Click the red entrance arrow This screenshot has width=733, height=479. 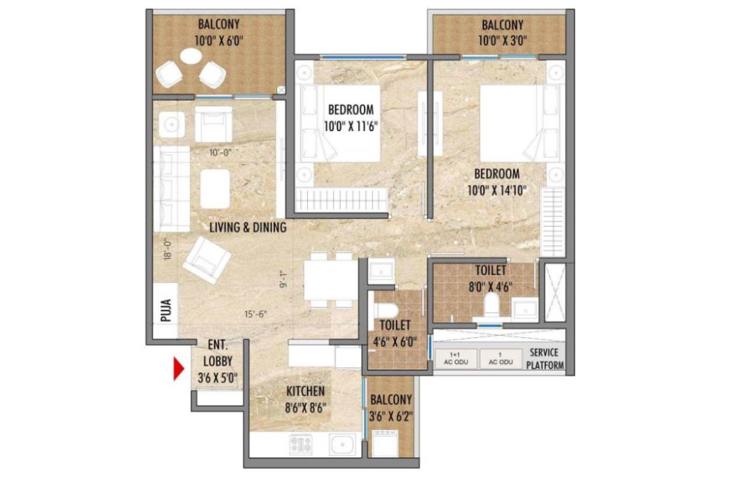point(178,369)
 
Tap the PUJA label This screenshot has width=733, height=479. point(165,310)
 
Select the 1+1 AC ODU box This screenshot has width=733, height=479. point(456,359)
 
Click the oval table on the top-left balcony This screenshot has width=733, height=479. point(191,57)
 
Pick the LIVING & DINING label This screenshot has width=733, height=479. point(247,228)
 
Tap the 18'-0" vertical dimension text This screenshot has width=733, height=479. point(169,249)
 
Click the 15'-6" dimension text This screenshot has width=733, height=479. point(255,314)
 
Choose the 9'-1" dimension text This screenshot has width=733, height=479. point(283,279)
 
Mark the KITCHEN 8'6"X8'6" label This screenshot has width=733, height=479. point(306,399)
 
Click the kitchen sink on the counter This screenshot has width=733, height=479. point(342,444)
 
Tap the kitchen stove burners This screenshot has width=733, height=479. point(301,444)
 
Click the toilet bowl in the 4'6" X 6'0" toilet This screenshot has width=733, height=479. point(387,309)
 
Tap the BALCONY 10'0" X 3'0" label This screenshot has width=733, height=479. point(502,32)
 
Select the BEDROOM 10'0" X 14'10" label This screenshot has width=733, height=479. point(497,182)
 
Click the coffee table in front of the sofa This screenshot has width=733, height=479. point(215,189)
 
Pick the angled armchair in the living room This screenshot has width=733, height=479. point(206,260)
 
